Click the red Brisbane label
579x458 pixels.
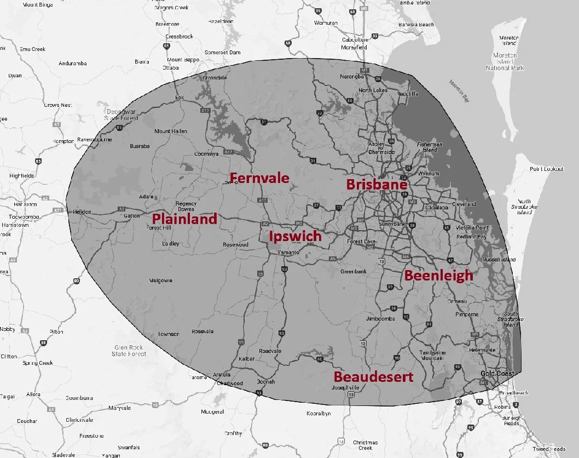(x=377, y=184)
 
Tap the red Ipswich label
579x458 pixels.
(x=295, y=237)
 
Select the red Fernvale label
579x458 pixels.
(x=259, y=178)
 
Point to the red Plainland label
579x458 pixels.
(x=184, y=218)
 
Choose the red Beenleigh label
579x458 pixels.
(x=438, y=275)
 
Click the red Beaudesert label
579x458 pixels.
(x=373, y=377)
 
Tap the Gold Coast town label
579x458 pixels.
(x=497, y=374)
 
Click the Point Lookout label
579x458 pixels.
(x=546, y=169)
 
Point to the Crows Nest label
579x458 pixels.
(x=58, y=105)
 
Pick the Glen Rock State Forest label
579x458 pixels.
(x=129, y=351)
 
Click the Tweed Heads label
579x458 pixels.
(x=549, y=449)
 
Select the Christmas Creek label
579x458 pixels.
(x=365, y=445)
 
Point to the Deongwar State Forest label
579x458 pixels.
(x=121, y=114)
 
